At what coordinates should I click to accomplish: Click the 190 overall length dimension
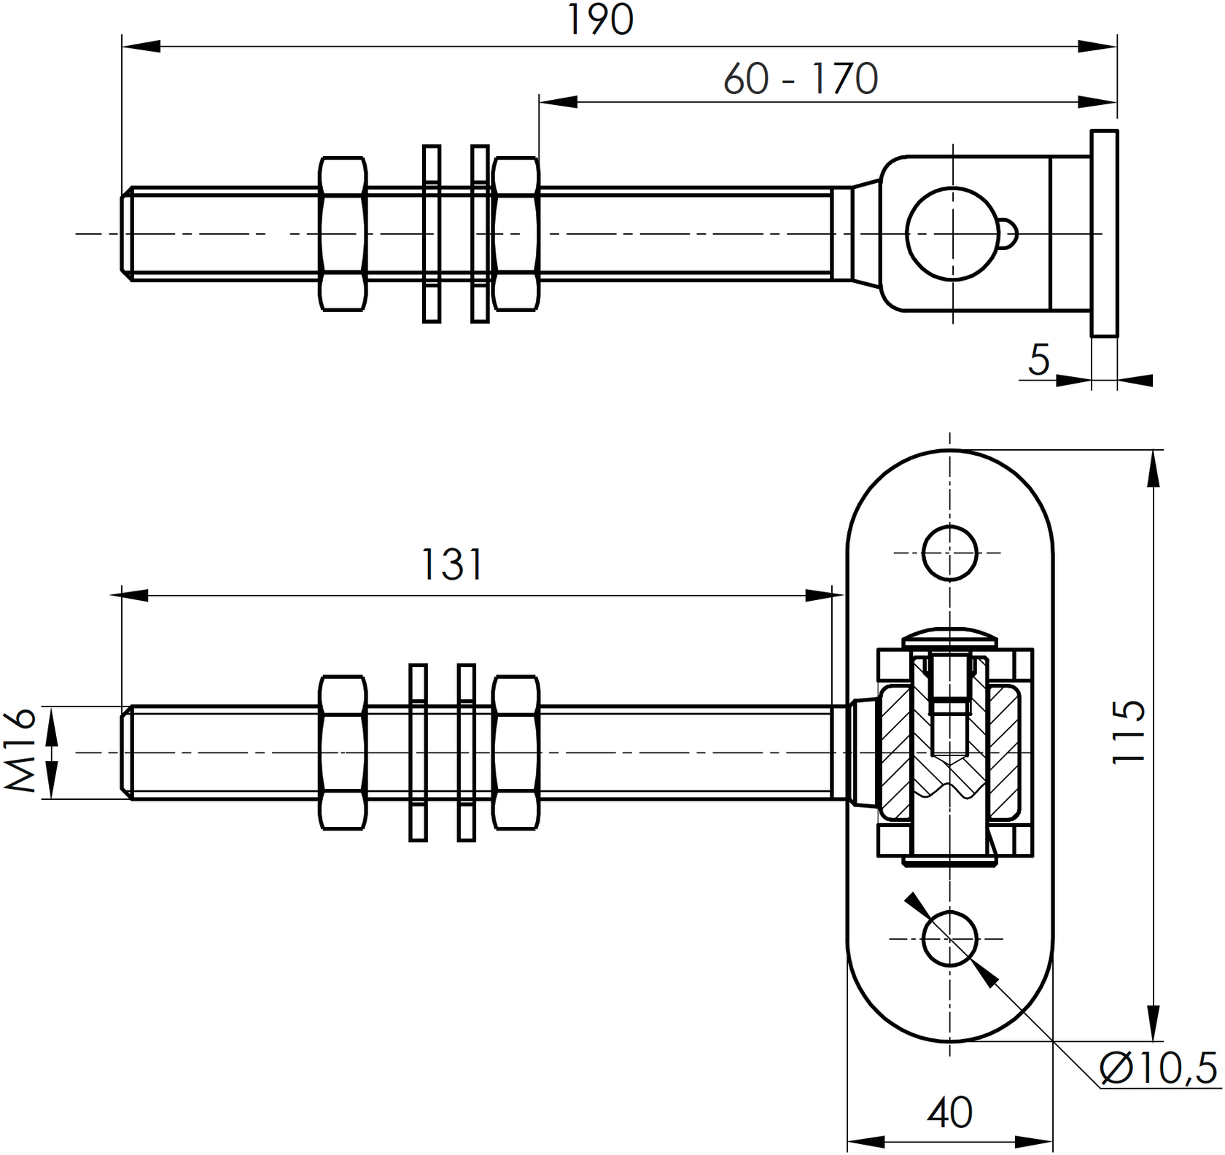click(600, 20)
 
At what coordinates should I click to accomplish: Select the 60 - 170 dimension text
click(801, 79)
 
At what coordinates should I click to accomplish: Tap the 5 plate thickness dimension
click(1039, 359)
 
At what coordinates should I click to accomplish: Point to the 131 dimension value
click(452, 565)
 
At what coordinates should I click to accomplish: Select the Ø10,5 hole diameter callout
click(1158, 1068)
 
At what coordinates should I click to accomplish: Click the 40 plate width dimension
click(949, 1113)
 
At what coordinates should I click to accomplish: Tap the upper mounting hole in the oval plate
click(949, 553)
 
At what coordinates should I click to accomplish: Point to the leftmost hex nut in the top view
click(343, 233)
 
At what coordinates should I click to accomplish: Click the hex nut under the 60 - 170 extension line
click(516, 233)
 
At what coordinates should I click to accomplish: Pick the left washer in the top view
click(432, 233)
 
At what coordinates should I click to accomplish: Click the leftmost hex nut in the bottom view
click(343, 752)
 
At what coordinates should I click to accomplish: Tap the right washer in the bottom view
click(467, 752)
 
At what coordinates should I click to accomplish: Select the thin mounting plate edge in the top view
click(1104, 233)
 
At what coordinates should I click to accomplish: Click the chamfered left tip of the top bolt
click(126, 233)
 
